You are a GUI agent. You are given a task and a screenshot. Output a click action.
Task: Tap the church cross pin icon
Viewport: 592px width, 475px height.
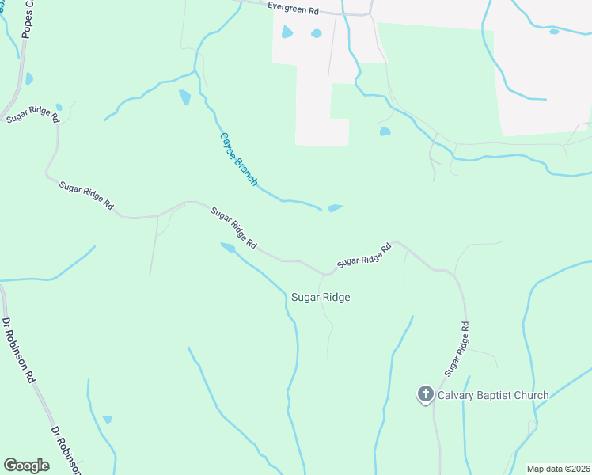425,394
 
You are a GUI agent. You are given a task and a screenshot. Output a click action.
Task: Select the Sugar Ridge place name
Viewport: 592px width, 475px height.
321,298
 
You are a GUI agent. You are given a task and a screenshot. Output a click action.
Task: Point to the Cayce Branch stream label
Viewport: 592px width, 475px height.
238,158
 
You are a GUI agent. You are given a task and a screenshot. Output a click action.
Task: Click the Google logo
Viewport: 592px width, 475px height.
26,465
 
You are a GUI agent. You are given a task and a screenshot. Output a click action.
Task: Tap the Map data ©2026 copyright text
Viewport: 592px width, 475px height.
558,469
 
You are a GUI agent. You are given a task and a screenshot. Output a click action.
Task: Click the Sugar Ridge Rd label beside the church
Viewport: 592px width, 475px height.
457,348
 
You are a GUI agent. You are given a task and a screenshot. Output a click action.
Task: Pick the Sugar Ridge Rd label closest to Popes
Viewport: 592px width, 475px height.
33,114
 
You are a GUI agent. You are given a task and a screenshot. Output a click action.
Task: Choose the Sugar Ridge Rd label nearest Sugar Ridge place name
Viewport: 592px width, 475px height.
364,255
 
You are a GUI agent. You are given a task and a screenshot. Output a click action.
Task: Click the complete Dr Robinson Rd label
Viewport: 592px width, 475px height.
18,350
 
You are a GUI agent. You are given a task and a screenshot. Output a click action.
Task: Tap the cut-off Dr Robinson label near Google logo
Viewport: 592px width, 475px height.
66,451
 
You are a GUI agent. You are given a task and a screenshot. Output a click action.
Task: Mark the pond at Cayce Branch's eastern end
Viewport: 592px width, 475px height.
335,208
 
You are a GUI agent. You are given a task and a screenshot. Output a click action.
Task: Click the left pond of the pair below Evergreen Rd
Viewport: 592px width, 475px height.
287,32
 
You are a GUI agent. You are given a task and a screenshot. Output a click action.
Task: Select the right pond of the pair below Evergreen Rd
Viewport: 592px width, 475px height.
317,33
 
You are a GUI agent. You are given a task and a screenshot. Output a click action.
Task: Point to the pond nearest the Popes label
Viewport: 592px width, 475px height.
29,78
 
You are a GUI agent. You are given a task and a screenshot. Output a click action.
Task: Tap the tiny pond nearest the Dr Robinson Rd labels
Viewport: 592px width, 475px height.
107,419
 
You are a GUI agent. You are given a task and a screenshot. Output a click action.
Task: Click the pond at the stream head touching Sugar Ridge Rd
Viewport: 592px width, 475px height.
227,248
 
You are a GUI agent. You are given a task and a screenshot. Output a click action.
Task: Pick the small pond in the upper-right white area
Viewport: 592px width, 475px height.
554,32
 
